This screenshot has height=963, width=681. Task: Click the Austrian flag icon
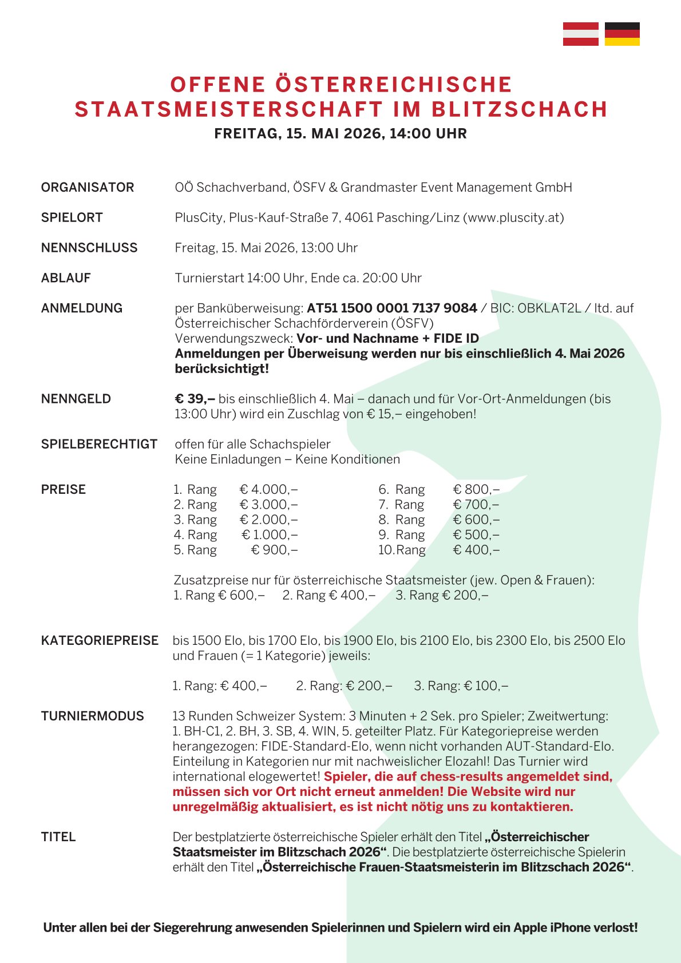tap(580, 34)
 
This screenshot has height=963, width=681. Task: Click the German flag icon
tap(622, 34)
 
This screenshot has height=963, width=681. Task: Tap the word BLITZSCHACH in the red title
tap(519, 109)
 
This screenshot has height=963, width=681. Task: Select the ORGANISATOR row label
tap(88, 188)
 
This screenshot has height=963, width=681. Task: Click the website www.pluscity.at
tap(513, 218)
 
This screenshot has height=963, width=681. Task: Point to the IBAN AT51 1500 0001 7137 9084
tap(392, 308)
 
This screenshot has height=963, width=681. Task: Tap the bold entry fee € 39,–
tap(195, 399)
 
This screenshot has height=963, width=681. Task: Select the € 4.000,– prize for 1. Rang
tap(268, 490)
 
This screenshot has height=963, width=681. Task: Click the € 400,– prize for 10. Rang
tap(476, 550)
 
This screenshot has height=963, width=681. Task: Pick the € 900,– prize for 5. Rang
tap(275, 550)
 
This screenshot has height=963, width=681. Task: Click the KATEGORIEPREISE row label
tap(100, 641)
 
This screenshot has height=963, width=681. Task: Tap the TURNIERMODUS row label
tap(93, 716)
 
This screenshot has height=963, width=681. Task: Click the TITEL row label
tap(58, 837)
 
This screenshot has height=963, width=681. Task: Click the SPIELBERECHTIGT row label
tap(99, 445)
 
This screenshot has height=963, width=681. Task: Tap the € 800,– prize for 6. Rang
tap(476, 490)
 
